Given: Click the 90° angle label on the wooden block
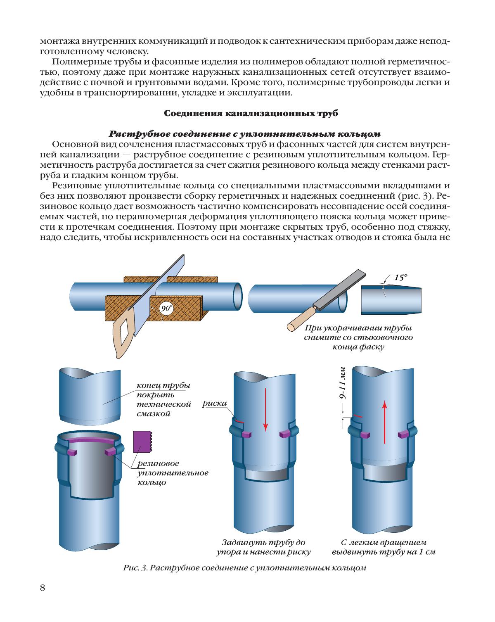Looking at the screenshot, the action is [166, 308].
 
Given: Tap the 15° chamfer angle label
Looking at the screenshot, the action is [400, 278].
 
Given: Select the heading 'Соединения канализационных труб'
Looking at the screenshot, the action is [251, 113].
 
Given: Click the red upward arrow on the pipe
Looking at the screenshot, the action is [384, 422].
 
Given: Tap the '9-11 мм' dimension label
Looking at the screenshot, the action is [342, 383].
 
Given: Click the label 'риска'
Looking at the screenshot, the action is [214, 404].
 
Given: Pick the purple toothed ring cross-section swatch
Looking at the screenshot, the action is [142, 442].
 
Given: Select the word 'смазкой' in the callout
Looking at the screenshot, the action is [154, 413].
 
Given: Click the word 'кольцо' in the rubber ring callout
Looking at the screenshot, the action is [152, 482].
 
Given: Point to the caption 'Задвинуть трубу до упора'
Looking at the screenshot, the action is [263, 547].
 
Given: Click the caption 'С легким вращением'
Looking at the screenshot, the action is [384, 543].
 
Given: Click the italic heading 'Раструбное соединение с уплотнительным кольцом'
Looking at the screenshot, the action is [245, 134].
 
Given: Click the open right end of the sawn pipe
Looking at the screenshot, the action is [237, 297].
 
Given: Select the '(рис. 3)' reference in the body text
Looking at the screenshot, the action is [415, 196].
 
